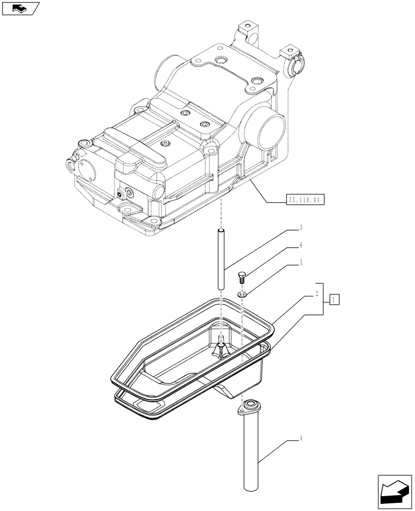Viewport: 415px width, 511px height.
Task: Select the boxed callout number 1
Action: tap(333, 299)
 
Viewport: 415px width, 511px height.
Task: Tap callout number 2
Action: tap(317, 294)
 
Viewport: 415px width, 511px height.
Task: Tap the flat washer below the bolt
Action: tap(243, 294)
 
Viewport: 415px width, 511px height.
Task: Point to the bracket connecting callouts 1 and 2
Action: tap(321, 299)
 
